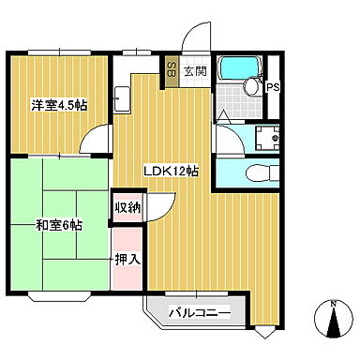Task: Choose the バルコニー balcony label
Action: (199, 311)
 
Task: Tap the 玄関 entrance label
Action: (194, 70)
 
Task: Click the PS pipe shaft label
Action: (273, 88)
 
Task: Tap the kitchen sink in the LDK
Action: (122, 97)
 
